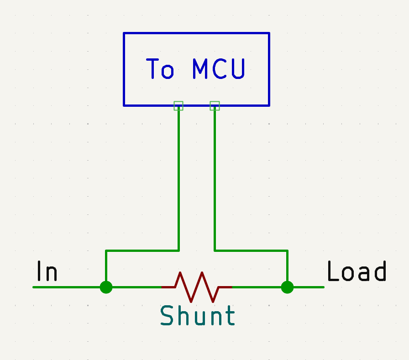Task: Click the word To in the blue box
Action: click(160, 69)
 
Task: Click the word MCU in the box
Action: click(219, 69)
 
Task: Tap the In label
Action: click(47, 271)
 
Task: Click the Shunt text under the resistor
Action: click(198, 316)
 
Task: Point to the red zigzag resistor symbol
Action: click(197, 287)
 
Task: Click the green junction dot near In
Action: click(106, 287)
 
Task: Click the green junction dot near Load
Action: click(287, 287)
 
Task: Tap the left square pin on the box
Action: click(178, 106)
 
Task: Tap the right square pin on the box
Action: click(215, 106)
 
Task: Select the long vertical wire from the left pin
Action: click(178, 183)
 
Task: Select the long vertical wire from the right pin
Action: click(215, 183)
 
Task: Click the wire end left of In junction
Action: click(36, 287)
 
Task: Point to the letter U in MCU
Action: click(237, 69)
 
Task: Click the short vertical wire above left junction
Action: click(106, 267)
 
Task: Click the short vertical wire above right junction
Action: click(287, 267)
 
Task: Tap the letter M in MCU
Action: click(200, 69)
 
